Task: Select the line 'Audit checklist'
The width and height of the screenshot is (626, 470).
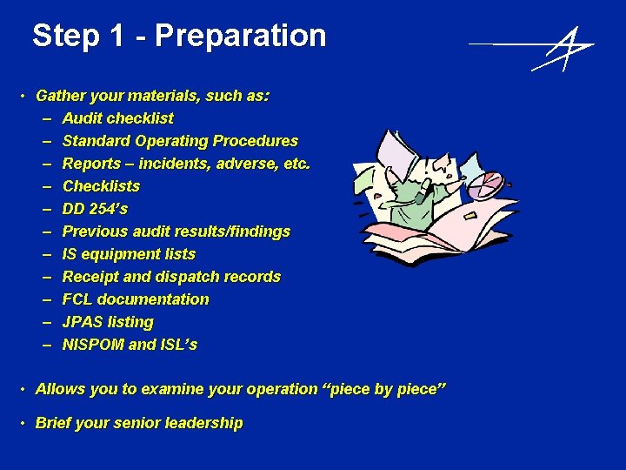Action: tap(117, 118)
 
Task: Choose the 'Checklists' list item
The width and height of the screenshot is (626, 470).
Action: tap(101, 186)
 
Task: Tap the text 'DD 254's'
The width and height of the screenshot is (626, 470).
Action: tap(95, 209)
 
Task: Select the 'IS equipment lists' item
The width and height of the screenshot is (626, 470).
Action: tap(129, 254)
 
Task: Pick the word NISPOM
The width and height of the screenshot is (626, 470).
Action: tap(93, 345)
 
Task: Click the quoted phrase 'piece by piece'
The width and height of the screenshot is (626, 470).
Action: tap(387, 389)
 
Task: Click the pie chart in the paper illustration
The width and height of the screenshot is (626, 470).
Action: tap(489, 185)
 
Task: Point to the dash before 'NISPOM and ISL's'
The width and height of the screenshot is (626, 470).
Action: tap(44, 345)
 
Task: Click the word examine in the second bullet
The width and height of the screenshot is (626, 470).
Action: tap(154, 389)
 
